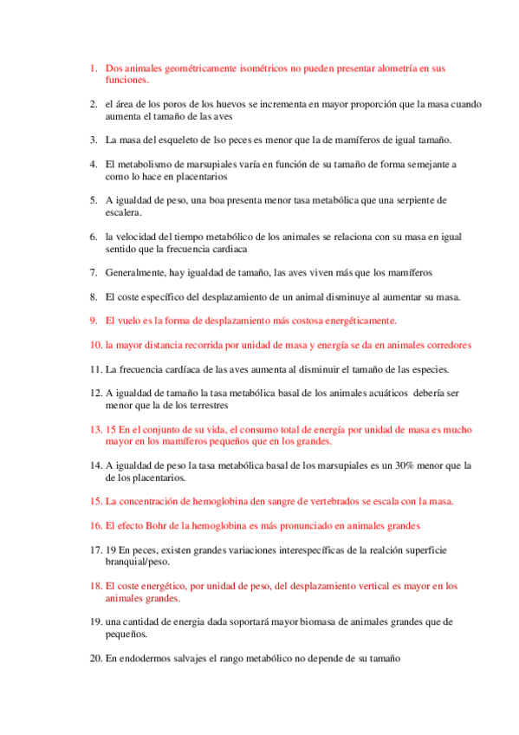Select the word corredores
click(x=445, y=344)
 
